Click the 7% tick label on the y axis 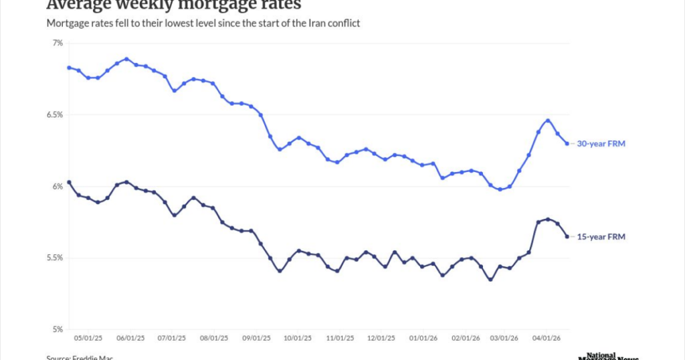point(58,43)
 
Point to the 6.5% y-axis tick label point(55,114)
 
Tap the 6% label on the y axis point(58,186)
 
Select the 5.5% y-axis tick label point(55,258)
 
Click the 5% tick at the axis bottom point(58,329)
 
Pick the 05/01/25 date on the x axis point(88,339)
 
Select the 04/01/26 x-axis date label point(546,339)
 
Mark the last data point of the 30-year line point(567,143)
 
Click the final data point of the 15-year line point(567,236)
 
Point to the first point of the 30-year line point(69,68)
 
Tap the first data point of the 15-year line point(69,182)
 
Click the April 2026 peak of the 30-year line point(548,120)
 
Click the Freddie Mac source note point(74,357)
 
